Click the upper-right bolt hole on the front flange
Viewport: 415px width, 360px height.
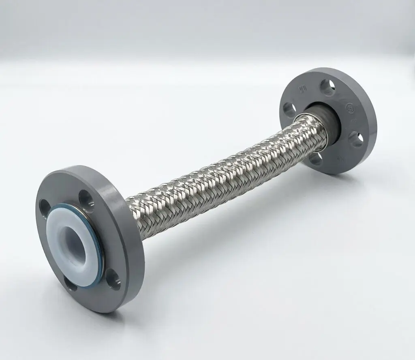(x=86, y=198)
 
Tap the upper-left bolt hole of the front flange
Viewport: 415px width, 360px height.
(x=44, y=207)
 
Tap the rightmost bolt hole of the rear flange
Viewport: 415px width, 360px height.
(x=357, y=139)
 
